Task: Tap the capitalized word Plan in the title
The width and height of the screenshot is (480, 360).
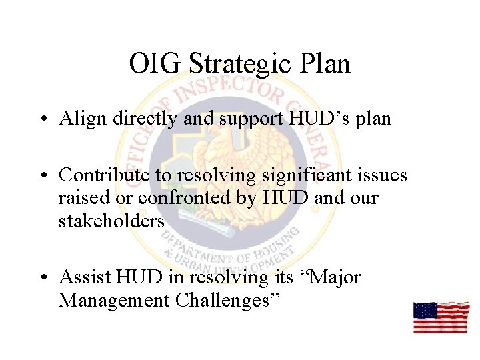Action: pos(325,64)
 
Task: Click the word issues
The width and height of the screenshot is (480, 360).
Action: pos(381,175)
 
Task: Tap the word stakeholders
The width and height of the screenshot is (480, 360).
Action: pos(111,221)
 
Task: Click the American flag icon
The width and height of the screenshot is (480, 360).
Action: pos(441,317)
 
